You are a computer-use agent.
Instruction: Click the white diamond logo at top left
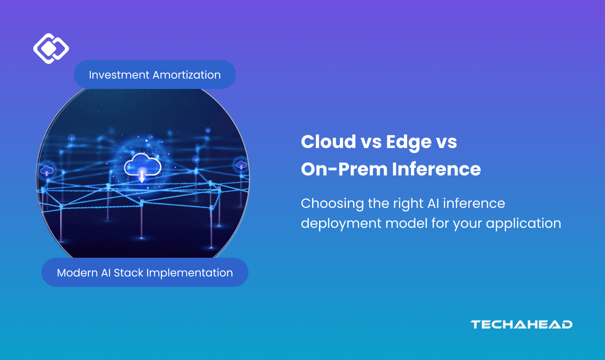pyautogui.click(x=51, y=49)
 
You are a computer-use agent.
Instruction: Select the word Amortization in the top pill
pyautogui.click(x=187, y=75)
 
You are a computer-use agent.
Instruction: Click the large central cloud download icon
pyautogui.click(x=142, y=166)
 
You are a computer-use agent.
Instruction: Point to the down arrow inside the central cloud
pyautogui.click(x=142, y=176)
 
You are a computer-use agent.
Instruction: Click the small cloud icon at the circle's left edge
pyautogui.click(x=47, y=170)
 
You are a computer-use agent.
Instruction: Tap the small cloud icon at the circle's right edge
pyautogui.click(x=241, y=165)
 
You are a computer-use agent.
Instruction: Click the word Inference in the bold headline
pyautogui.click(x=436, y=169)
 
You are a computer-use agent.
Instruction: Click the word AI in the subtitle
pyautogui.click(x=432, y=203)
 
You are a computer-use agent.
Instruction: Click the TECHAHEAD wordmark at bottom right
pyautogui.click(x=521, y=324)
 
